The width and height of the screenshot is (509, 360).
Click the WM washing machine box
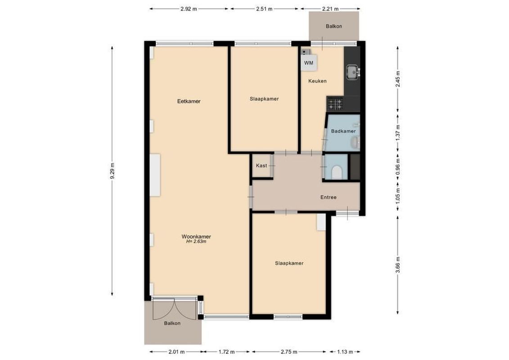tap(308, 63)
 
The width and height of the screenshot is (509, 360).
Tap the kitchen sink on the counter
tap(351, 71)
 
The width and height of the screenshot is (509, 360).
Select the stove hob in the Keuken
tap(335, 104)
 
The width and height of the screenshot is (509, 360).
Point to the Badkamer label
tap(343, 131)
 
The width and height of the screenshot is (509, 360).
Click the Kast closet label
tap(261, 166)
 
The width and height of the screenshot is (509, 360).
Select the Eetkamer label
tap(189, 101)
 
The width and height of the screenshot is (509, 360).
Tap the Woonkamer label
tap(196, 236)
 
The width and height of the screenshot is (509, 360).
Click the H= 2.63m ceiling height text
tap(196, 242)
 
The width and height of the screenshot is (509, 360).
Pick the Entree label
tap(328, 197)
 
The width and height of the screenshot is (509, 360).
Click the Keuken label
tap(317, 81)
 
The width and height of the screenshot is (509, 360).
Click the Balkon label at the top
tap(333, 26)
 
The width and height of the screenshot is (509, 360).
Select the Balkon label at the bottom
tap(172, 324)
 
